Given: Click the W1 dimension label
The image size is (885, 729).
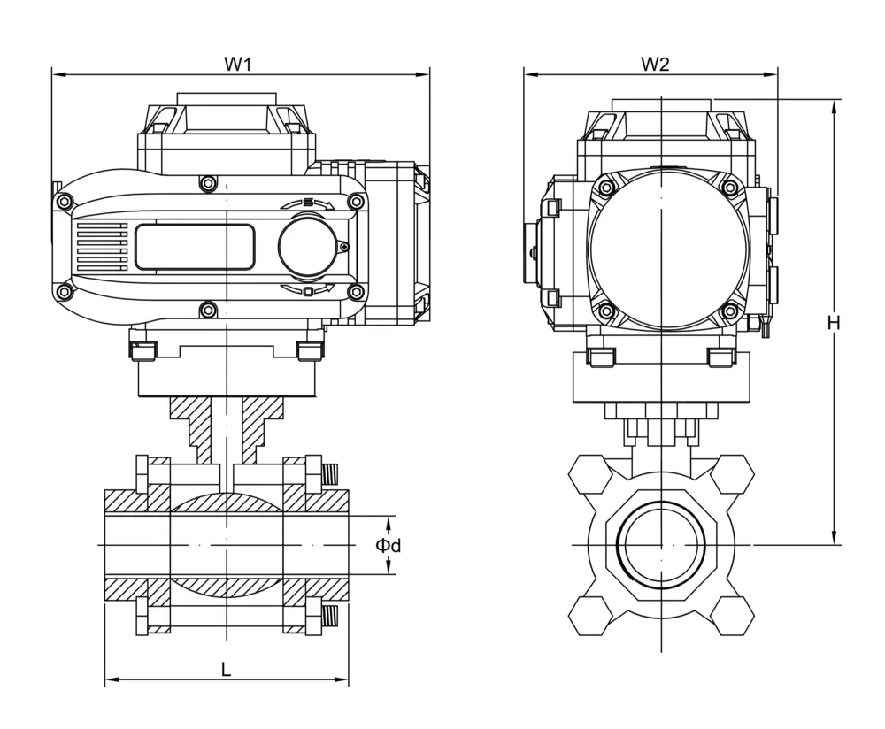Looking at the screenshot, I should [x=238, y=64].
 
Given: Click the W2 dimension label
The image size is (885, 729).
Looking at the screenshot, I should [x=654, y=64].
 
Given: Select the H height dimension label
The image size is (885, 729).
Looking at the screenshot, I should [x=833, y=324].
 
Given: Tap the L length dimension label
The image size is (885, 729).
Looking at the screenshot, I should [x=227, y=670].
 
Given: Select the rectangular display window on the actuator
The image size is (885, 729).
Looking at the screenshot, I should [x=195, y=247].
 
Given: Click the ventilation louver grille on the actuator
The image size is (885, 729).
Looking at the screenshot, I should [x=102, y=247].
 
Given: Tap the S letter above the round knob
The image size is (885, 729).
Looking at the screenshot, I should [x=307, y=203].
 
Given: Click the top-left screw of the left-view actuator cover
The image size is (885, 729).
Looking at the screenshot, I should [x=64, y=202].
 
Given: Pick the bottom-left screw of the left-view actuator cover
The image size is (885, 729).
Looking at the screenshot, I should [x=64, y=292].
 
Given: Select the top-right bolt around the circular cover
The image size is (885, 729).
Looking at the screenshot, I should [x=730, y=187].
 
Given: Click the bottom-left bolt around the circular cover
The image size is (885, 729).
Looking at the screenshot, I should [x=604, y=311].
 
